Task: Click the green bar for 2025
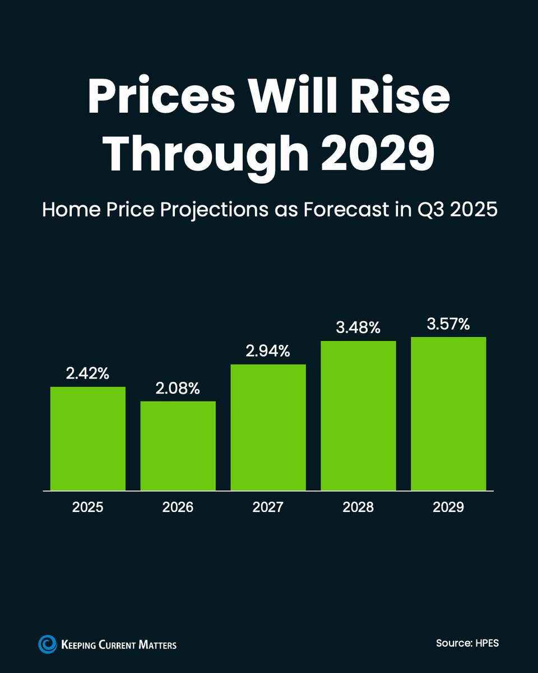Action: (88, 439)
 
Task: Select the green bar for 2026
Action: (178, 446)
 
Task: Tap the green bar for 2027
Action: (268, 427)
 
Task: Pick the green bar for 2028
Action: (358, 416)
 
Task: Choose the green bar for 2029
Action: (448, 413)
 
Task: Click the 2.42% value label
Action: (88, 374)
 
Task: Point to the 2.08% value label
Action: (178, 388)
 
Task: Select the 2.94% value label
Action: (268, 351)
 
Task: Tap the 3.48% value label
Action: (358, 328)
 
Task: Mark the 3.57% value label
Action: (448, 324)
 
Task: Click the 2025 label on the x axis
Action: (88, 508)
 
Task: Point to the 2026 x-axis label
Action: (178, 508)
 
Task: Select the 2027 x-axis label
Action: (268, 508)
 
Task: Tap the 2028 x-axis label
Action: (358, 508)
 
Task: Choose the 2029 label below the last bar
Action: (448, 508)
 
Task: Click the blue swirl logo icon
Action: (47, 644)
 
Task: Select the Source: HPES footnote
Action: (467, 643)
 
